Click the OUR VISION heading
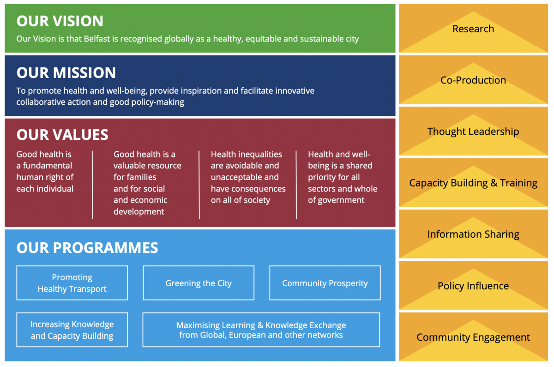tap(60, 21)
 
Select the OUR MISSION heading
tap(66, 73)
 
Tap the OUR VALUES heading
tap(62, 135)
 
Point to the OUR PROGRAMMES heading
tap(87, 248)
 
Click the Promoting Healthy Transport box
tap(72, 283)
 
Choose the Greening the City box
tap(199, 283)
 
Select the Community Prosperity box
tap(325, 283)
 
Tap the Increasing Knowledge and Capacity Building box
tap(72, 330)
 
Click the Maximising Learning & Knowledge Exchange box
tap(261, 330)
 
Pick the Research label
tap(473, 29)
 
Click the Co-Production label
tap(473, 80)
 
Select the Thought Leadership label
tap(473, 132)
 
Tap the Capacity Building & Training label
tap(473, 183)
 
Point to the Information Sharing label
tap(473, 235)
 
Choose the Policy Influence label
tap(473, 286)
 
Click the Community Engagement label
tap(473, 337)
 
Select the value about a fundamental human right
tap(45, 171)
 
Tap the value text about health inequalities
tap(248, 177)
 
